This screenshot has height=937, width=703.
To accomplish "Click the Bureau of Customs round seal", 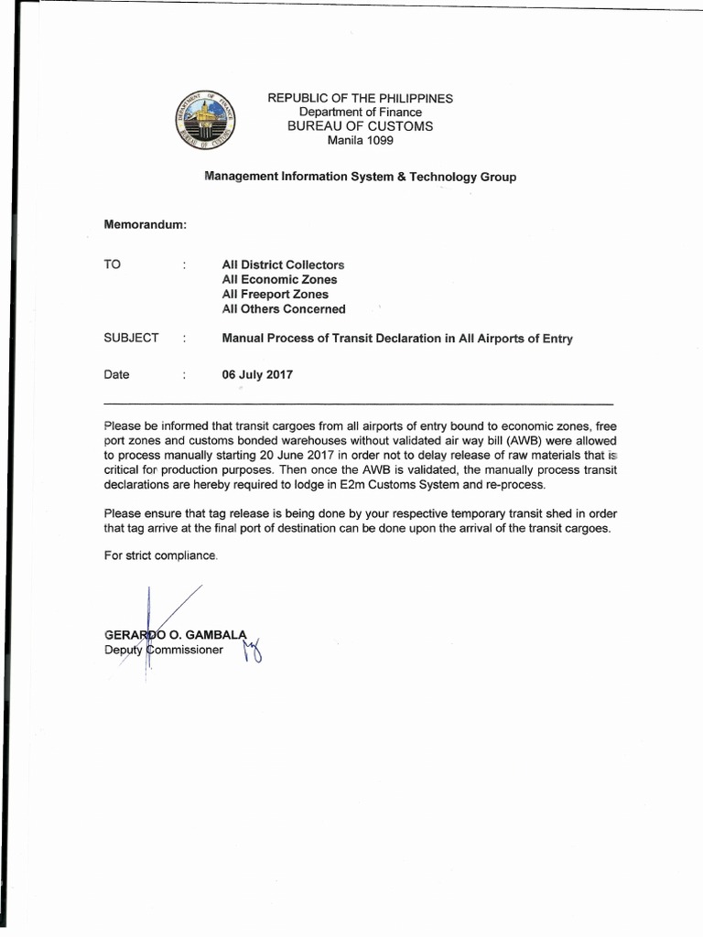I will (x=204, y=125).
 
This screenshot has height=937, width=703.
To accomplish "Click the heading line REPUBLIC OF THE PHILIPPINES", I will (x=360, y=98).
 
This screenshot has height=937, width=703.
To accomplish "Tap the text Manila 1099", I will (x=360, y=140).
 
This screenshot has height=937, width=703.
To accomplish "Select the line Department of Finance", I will (x=360, y=112).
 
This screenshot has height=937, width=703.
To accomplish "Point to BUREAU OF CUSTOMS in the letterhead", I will (x=360, y=126).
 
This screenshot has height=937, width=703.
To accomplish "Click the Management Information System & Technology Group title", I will (x=360, y=177).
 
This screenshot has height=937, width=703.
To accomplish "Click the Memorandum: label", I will (x=146, y=224).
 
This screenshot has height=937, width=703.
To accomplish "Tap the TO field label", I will (x=113, y=264).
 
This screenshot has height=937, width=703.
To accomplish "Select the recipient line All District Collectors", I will (x=283, y=264).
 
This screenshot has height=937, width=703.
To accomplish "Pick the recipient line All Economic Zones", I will (x=279, y=279).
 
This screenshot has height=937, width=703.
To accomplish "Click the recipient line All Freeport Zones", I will (x=275, y=294).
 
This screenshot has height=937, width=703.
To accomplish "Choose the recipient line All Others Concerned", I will (x=284, y=308).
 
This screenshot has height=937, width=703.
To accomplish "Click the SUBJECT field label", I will (x=132, y=338).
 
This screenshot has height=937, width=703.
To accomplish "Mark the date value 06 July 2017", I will (x=257, y=374).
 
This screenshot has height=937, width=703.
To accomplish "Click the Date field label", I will (x=117, y=374).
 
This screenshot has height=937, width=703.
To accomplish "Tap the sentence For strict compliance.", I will (x=161, y=556).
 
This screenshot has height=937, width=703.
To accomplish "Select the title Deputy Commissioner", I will (x=164, y=650).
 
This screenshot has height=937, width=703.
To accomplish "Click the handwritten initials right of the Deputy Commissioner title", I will (x=252, y=652).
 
